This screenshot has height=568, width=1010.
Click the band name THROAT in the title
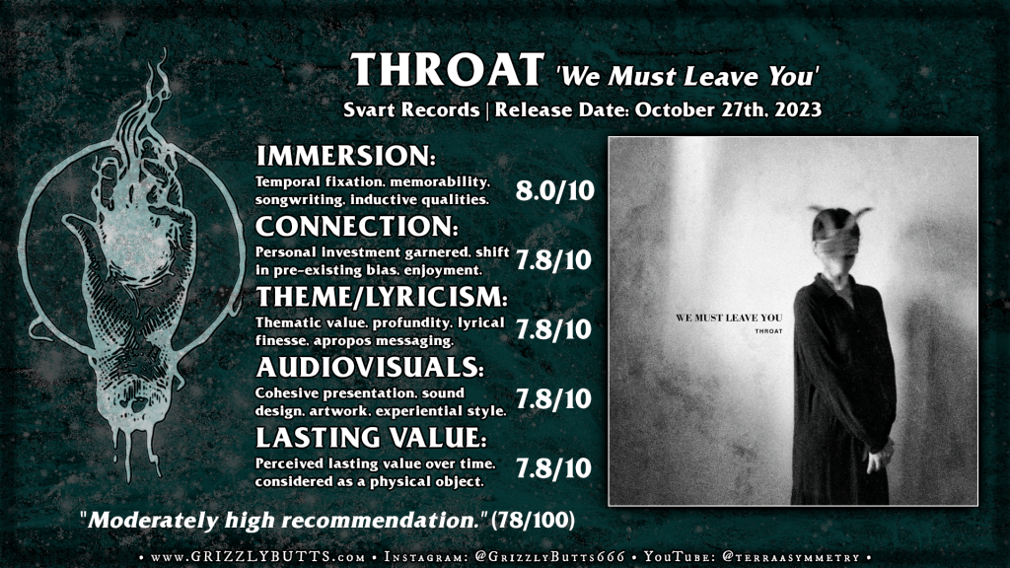point(448,70)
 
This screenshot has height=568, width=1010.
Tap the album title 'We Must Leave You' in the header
point(686,77)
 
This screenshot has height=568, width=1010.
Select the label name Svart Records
point(411,109)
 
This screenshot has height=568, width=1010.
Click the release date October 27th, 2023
point(729,109)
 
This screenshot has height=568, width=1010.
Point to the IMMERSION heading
point(345,156)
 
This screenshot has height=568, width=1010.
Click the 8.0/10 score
point(554,190)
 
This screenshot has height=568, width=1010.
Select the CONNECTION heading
point(357,226)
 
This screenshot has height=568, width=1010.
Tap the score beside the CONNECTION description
point(553,260)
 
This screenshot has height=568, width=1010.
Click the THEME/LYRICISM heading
point(382,297)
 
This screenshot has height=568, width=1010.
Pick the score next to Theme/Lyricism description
point(553,329)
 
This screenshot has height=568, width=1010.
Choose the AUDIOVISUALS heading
point(370,367)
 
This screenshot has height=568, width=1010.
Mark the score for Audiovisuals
point(553,399)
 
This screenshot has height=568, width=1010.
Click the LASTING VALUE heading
point(371,438)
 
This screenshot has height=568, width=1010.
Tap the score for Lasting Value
point(553,468)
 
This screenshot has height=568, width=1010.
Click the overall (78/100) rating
point(533,520)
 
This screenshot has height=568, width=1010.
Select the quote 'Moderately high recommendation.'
point(283,520)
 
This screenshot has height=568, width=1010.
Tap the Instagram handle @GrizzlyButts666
point(549,557)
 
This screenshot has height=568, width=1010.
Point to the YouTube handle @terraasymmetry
point(792,557)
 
